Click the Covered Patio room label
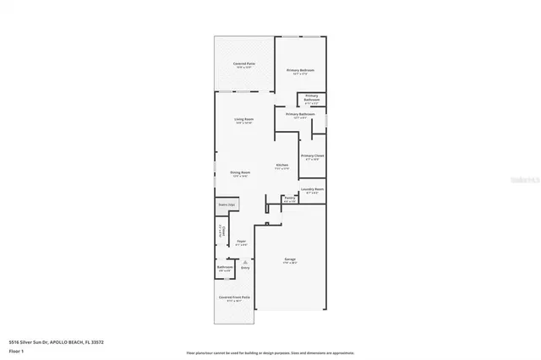245,65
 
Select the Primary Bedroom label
300,71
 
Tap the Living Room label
244,120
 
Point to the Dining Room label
240,173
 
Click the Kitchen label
282,166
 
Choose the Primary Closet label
313,156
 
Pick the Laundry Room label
313,191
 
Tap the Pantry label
289,200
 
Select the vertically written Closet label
223,230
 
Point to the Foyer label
241,242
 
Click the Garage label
290,261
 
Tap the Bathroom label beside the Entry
225,268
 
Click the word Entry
245,268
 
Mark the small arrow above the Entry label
245,262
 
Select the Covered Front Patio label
234,298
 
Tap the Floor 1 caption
16,349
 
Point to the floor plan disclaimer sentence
270,352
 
